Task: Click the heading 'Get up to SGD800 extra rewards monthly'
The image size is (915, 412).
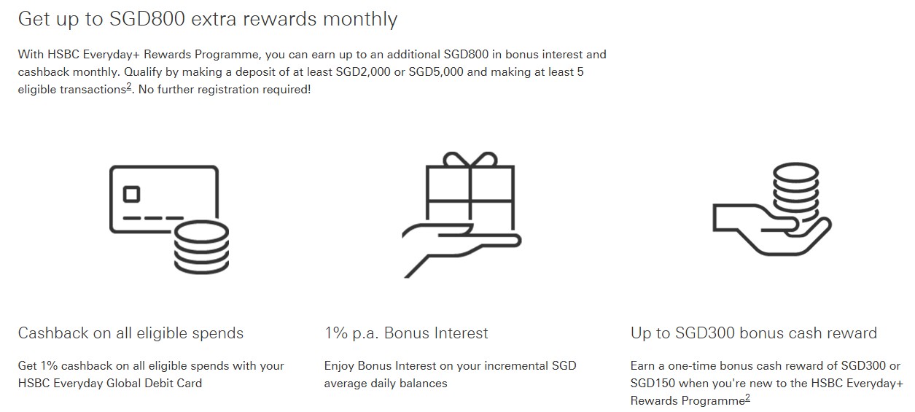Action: tap(208, 19)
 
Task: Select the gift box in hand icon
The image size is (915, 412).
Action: tap(462, 215)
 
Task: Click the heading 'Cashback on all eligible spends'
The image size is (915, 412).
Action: tap(131, 333)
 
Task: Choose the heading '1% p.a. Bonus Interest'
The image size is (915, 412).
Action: tap(406, 333)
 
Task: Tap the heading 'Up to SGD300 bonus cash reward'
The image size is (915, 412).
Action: tap(753, 333)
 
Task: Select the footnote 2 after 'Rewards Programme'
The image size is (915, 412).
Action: tap(747, 398)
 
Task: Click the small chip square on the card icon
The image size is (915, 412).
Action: tap(132, 194)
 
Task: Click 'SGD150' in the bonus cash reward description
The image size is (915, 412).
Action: tap(655, 384)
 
